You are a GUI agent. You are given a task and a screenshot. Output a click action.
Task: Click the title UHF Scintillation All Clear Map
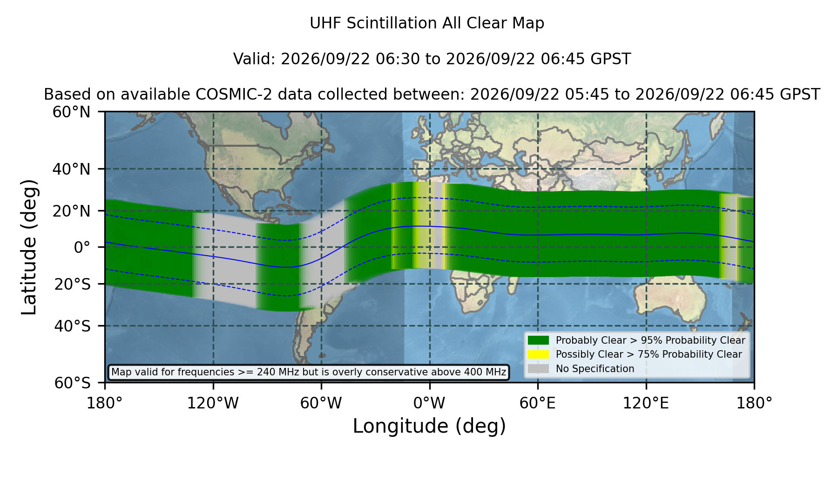427,23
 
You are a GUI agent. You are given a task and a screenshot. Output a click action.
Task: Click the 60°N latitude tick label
72,112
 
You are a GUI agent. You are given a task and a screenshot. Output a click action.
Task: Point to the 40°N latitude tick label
72,169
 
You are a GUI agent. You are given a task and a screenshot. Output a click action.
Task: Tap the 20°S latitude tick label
73,284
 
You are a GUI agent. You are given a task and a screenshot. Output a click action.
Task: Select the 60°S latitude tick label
73,383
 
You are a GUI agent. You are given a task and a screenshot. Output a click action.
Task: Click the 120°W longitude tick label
213,403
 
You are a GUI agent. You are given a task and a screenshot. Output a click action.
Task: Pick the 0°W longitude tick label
429,403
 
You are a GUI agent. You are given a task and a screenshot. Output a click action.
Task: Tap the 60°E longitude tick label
538,403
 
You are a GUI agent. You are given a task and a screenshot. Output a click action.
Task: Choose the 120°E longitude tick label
646,403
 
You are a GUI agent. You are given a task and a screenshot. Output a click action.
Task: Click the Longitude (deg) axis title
429,426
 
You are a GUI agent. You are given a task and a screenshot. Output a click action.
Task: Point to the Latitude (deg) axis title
29,247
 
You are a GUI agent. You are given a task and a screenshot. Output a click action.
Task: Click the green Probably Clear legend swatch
539,340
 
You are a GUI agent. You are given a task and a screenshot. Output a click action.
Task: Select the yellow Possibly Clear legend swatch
539,354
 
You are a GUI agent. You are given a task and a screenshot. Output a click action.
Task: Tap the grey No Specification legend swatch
539,368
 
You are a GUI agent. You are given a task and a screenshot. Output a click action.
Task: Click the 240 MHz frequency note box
309,372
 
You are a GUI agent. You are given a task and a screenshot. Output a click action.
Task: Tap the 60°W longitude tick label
321,403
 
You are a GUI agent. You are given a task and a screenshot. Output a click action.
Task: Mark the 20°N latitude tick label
72,211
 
